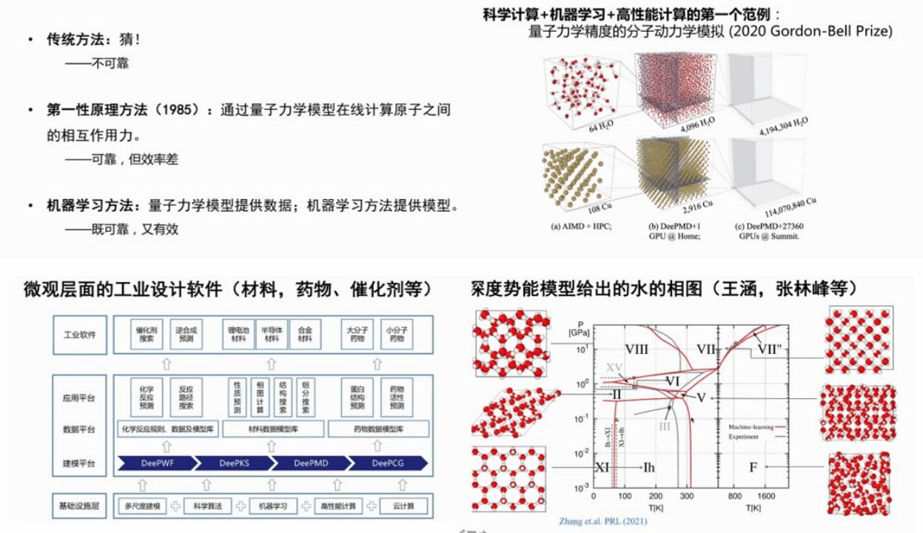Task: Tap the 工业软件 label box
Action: (x=81, y=335)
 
